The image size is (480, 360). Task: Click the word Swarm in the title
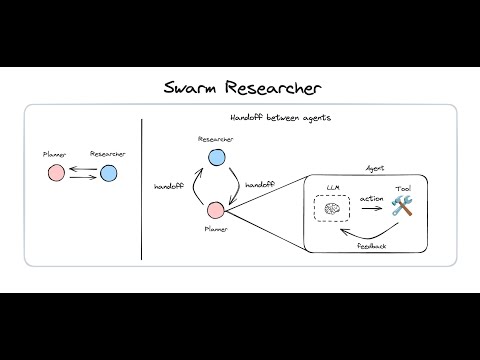193,88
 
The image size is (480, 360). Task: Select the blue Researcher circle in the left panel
108,174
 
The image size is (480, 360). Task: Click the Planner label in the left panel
55,155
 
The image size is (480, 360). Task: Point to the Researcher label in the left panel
108,155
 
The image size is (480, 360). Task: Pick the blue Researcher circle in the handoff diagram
215,157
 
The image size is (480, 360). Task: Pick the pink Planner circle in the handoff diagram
215,210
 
